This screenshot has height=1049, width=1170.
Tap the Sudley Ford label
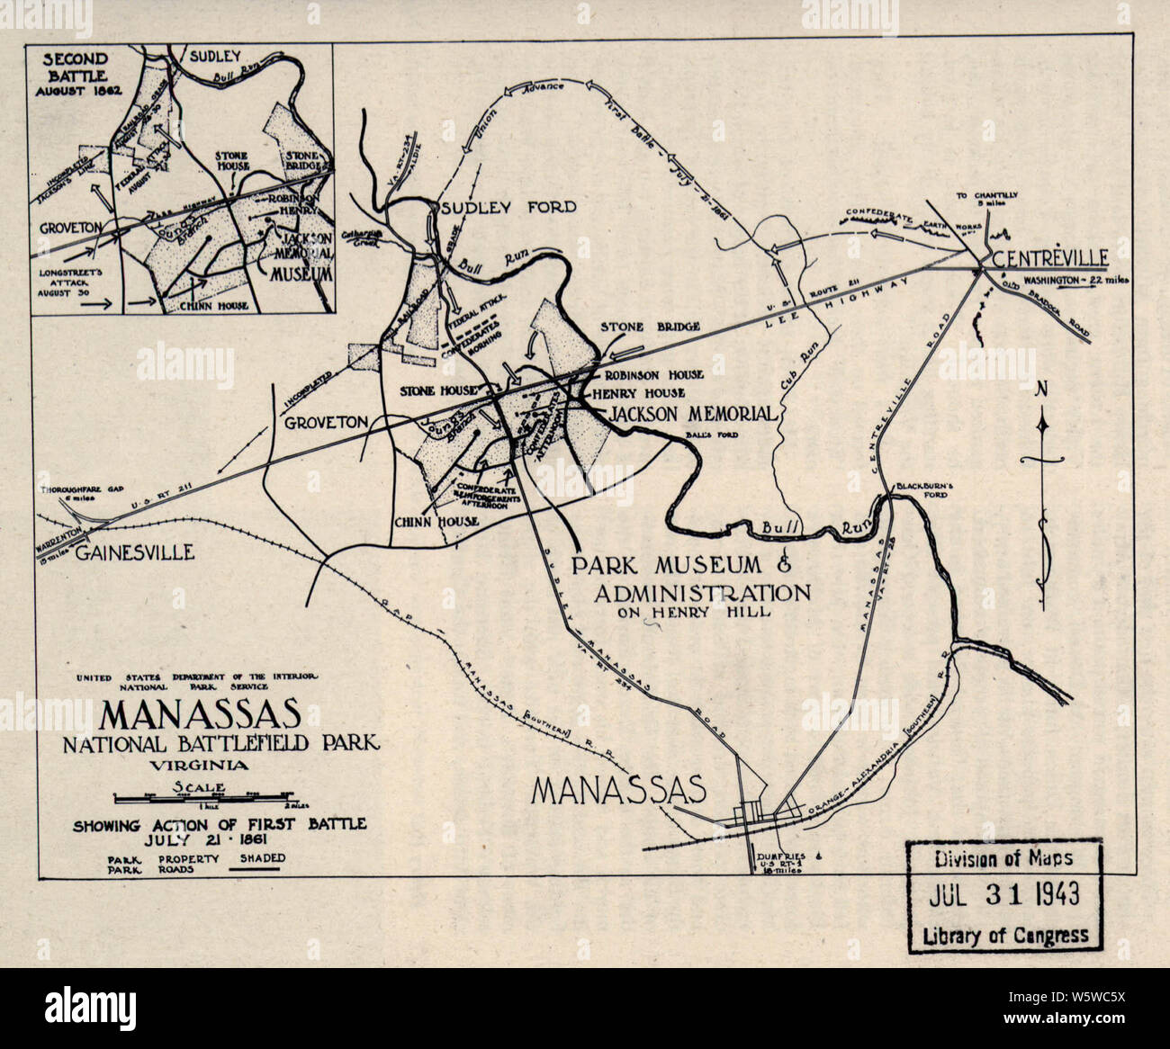[508, 208]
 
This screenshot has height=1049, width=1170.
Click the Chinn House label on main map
[435, 521]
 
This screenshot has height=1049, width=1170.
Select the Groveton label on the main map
[327, 422]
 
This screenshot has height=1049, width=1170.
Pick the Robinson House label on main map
[653, 373]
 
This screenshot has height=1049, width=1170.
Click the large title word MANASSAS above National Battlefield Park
[200, 714]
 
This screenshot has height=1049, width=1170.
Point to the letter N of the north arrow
[1042, 389]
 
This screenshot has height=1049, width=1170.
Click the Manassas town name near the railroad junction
[617, 789]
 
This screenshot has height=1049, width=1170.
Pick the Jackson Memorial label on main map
[693, 414]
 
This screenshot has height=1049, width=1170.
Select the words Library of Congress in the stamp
[1005, 936]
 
